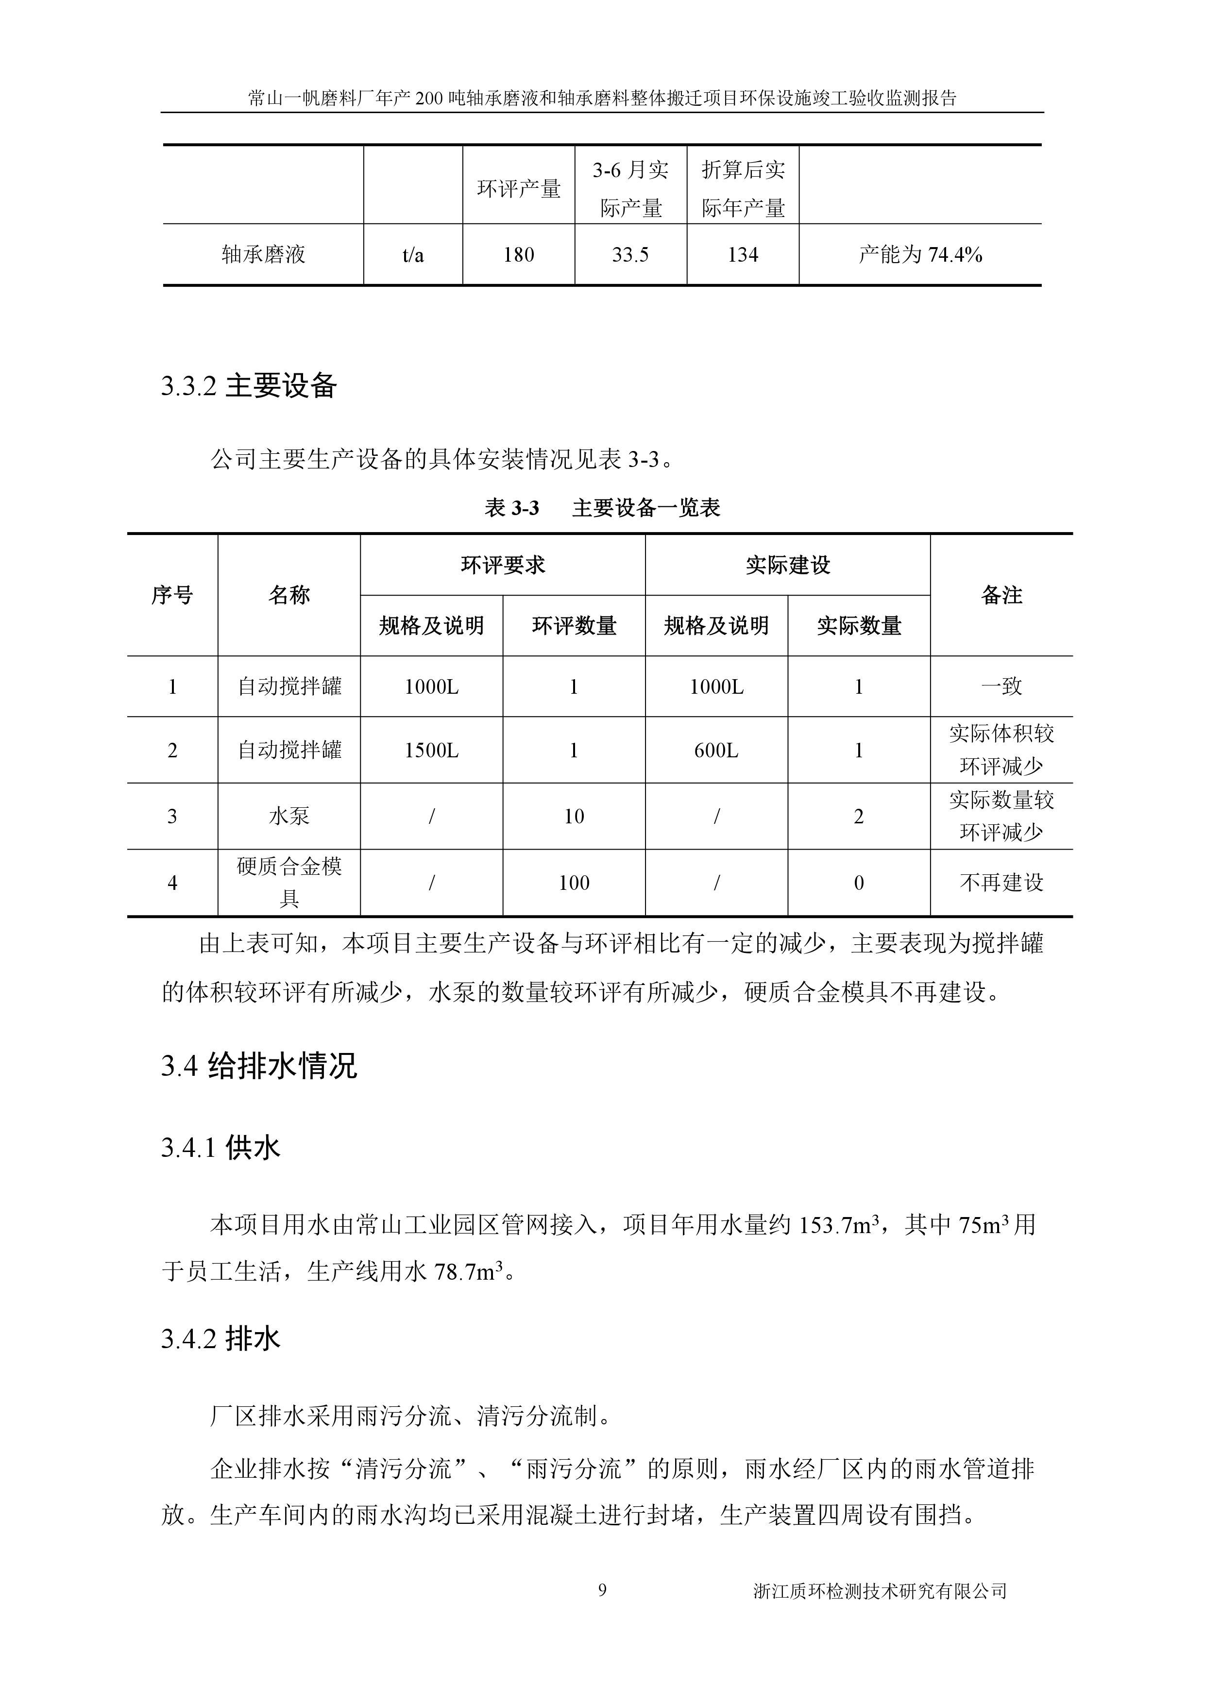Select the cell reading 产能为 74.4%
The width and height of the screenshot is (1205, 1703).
(x=920, y=255)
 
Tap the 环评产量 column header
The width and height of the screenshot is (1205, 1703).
(x=519, y=189)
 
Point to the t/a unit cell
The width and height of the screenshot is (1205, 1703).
(x=413, y=255)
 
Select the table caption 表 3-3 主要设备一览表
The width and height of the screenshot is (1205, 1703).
(x=602, y=508)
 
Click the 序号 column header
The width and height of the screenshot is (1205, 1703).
(x=172, y=595)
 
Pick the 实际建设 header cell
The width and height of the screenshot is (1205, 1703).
(x=787, y=565)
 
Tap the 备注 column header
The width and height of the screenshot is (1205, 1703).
(x=1001, y=595)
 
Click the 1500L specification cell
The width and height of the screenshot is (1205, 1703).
(x=431, y=751)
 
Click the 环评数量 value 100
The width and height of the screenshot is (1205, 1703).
(x=574, y=883)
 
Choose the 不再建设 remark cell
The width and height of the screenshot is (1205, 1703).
(x=1001, y=883)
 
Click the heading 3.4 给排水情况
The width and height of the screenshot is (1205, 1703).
(x=259, y=1067)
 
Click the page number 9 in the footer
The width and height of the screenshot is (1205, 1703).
(x=602, y=1589)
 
